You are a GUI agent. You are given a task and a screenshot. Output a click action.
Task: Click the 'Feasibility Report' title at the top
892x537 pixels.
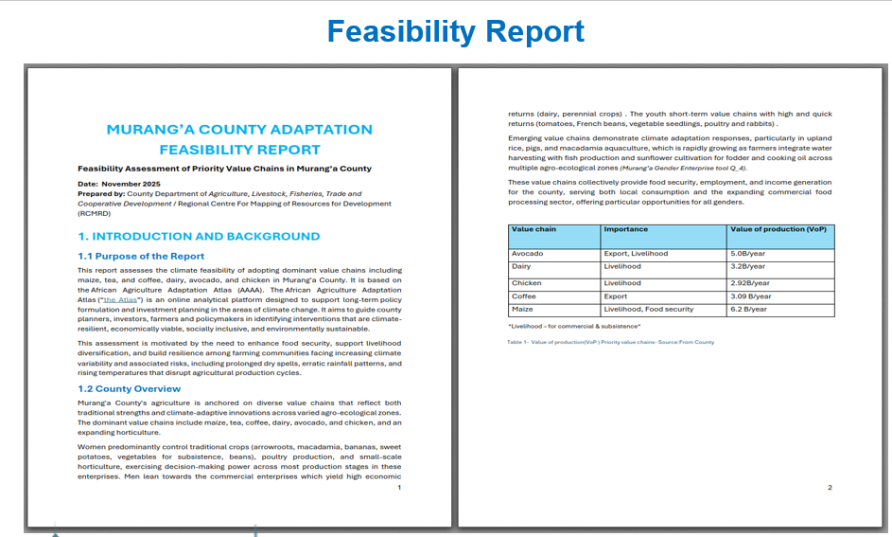pos(455,31)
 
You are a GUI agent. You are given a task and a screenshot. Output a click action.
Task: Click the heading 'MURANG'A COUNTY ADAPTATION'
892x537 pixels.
pos(239,130)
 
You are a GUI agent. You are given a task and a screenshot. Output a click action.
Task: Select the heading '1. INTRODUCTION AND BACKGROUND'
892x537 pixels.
pos(199,237)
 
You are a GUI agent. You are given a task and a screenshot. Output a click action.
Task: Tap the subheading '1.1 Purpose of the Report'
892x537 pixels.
pos(141,256)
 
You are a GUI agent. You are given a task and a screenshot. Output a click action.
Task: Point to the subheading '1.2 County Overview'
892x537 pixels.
pos(129,388)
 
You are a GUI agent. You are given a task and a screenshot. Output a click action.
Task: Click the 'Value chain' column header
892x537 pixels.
pos(533,229)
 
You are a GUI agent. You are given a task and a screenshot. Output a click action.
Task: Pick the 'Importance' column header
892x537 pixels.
pos(625,229)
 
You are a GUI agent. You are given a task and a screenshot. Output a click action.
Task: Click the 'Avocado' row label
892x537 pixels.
pos(527,254)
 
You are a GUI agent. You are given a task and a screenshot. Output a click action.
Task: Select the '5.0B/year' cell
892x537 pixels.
pos(748,254)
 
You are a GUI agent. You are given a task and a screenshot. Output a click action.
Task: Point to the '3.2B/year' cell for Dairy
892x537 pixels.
pos(748,267)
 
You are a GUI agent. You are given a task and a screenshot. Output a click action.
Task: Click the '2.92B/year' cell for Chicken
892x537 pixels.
pos(750,283)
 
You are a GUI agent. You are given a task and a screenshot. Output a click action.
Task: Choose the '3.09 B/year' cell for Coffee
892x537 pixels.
pos(752,296)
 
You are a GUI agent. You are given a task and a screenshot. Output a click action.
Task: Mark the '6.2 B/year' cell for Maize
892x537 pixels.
pos(750,310)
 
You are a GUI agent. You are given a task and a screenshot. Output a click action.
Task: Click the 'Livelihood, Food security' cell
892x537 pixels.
pos(648,310)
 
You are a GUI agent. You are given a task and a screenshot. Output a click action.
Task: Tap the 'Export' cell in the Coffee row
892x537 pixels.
pos(615,296)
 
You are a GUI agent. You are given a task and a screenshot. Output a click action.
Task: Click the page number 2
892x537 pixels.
pos(830,488)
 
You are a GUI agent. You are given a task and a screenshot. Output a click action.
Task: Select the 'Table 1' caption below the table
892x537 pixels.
pos(610,342)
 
